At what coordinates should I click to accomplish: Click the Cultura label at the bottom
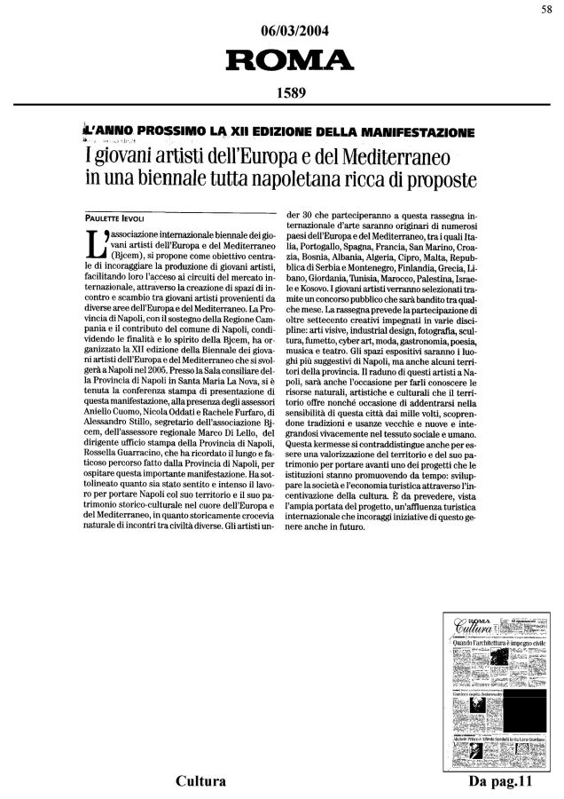198,782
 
